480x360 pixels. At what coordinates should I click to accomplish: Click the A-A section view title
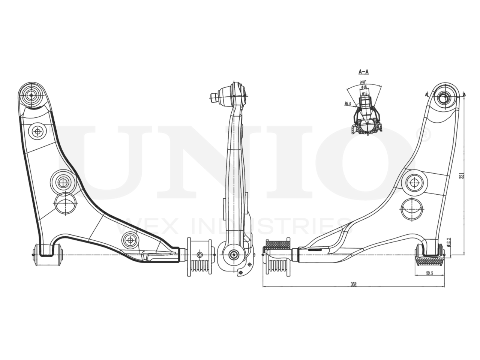click(364, 71)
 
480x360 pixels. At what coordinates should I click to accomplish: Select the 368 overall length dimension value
click(353, 284)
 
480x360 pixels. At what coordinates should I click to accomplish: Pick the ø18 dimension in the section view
click(364, 87)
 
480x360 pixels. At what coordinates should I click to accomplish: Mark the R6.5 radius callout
click(348, 104)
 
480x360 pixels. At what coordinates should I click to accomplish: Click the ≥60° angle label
click(363, 82)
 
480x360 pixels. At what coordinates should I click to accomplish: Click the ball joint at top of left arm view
click(31, 94)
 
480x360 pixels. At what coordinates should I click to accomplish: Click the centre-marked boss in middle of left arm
click(62, 182)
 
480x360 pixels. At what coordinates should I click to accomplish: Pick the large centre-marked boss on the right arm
click(414, 183)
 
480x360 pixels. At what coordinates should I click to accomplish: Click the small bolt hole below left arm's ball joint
click(37, 131)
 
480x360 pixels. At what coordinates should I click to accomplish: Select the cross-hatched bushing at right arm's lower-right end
click(429, 260)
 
